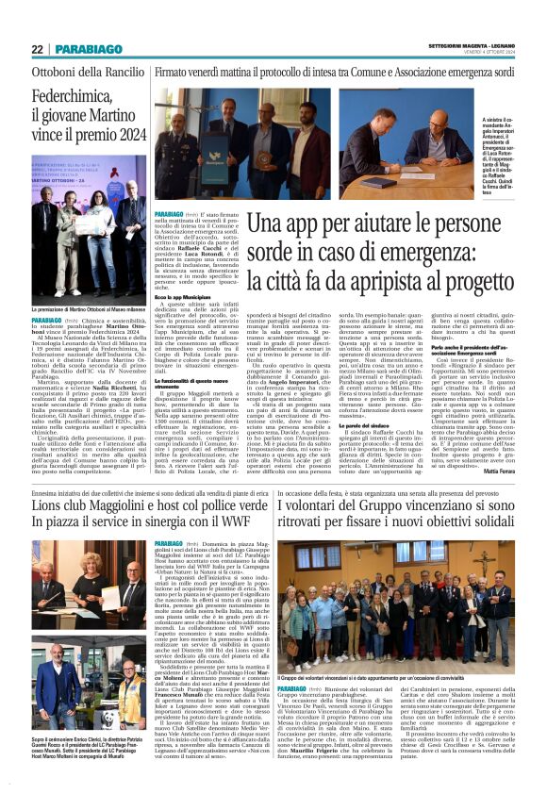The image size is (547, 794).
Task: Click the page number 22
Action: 37,49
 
